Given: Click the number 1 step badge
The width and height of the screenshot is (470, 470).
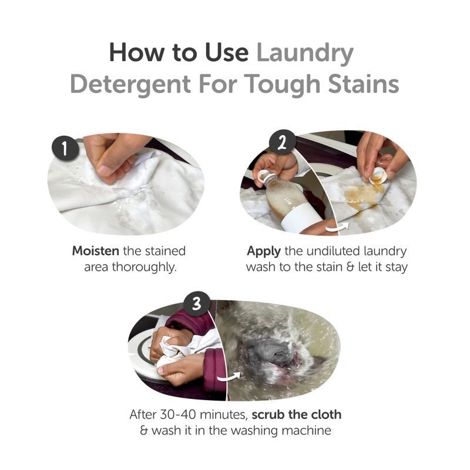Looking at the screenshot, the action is (65, 149).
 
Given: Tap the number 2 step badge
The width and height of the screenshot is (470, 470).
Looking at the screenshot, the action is (282, 143).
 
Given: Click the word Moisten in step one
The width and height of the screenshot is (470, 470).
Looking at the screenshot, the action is (96, 251).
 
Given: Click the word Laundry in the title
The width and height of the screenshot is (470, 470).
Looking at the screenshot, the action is (305, 53).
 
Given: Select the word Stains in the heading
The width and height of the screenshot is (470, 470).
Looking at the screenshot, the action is (364, 83).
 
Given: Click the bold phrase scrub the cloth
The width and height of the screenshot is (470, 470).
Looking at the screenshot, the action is (297, 415).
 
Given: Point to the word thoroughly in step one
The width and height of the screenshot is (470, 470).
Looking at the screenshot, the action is (144, 267).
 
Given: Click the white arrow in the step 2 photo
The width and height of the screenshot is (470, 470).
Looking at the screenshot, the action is (338, 227).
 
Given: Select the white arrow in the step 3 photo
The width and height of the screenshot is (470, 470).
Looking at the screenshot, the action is (229, 377).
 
